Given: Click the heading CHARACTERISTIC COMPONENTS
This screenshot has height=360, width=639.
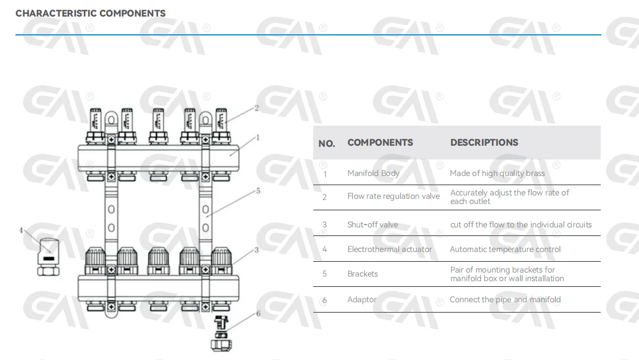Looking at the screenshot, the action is (x=90, y=13).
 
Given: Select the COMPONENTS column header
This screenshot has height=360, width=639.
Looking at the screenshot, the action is (x=380, y=142).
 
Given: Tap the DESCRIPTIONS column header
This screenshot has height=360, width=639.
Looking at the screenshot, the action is (x=484, y=142).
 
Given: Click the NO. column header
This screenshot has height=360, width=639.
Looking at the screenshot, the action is (x=326, y=143).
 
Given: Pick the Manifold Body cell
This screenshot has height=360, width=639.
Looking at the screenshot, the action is (x=373, y=173).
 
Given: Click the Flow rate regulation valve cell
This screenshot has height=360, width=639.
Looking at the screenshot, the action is (x=393, y=196).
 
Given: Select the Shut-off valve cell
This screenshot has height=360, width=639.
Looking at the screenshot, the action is (x=373, y=225).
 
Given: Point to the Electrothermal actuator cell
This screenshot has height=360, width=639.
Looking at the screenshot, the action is (x=390, y=249).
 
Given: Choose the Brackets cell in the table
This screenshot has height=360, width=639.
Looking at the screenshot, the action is (x=362, y=274).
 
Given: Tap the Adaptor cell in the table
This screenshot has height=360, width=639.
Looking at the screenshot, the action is (x=362, y=299).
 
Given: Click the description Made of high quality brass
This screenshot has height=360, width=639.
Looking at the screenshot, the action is (x=497, y=173).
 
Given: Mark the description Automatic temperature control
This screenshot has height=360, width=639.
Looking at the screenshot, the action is (x=505, y=249).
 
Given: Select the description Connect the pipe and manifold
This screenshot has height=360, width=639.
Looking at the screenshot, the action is (x=505, y=299).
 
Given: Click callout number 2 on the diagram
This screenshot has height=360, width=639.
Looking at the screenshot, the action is (x=257, y=107).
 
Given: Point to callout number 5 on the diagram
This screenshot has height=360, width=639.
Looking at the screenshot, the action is (x=258, y=191).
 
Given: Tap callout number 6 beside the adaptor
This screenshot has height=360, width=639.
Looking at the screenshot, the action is (x=258, y=313).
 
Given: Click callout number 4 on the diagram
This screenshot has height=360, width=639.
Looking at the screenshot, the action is (x=21, y=230).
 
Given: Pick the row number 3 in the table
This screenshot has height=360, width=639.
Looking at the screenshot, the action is (x=325, y=225).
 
